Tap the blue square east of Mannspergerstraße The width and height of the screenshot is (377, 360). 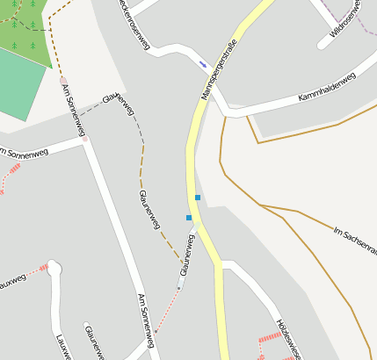coord(198,197)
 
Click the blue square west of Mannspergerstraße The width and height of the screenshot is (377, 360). coord(188,217)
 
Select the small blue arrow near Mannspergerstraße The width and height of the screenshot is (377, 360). coord(203,63)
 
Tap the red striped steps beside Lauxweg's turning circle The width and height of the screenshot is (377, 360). coord(41,267)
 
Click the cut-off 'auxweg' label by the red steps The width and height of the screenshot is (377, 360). coord(11,282)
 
